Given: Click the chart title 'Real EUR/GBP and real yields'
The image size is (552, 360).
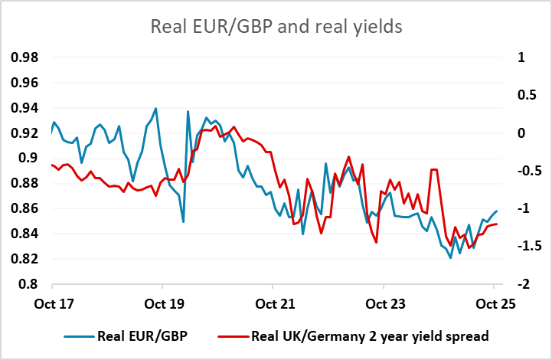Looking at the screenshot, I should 276,28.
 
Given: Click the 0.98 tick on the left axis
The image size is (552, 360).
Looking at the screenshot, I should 24,57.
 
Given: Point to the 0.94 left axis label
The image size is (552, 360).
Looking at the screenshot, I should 24,108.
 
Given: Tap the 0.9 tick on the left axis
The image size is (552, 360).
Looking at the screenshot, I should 28,159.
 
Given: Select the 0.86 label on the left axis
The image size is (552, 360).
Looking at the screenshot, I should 24,208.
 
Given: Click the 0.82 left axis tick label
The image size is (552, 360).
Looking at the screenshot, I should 24,259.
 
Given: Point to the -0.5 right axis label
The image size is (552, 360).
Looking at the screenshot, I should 526,171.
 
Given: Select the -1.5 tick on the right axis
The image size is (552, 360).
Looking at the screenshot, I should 526,246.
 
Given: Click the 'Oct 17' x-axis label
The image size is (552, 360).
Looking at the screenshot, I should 52,303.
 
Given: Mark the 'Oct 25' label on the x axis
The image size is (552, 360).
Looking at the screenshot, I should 494,303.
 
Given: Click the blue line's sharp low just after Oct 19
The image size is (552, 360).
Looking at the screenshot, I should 183,221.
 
